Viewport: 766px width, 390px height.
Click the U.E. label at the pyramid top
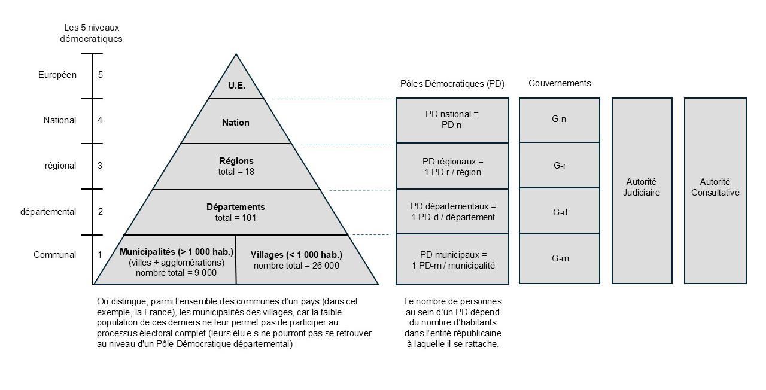(236, 86)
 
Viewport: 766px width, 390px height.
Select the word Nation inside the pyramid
(236, 123)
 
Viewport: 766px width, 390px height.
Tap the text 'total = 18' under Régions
(236, 172)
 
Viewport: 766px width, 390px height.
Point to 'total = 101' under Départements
(236, 218)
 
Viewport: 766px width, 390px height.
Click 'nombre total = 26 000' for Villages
(296, 266)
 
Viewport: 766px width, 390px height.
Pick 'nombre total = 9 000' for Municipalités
(176, 273)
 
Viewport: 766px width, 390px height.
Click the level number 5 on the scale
(100, 75)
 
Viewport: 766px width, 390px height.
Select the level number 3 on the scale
(100, 166)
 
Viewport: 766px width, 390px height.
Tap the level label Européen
(57, 75)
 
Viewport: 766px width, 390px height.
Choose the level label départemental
(48, 212)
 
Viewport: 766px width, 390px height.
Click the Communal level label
(54, 255)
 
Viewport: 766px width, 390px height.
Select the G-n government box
(560, 120)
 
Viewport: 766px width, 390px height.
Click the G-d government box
(560, 211)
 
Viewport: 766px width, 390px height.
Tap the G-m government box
(560, 258)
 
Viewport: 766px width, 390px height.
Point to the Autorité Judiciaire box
(642, 191)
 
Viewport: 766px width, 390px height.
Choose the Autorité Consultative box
(715, 191)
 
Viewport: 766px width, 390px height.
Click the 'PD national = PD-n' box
(452, 120)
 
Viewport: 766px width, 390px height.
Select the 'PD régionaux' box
(452, 166)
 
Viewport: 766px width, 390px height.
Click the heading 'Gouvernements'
(560, 83)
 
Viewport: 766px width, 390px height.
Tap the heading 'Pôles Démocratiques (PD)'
(452, 84)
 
